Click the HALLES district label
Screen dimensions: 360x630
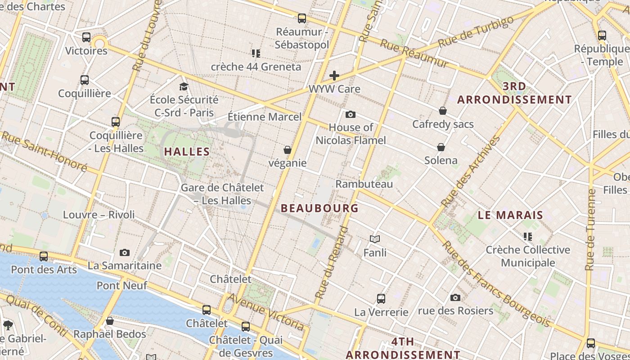tap(187, 152)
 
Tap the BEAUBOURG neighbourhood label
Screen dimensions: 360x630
tap(319, 208)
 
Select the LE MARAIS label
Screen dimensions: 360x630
tap(510, 215)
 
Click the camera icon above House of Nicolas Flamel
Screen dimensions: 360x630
tap(351, 114)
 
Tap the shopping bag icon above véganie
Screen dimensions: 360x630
tap(288, 150)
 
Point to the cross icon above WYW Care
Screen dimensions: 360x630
tap(334, 76)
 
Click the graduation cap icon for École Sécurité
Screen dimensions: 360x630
tap(184, 86)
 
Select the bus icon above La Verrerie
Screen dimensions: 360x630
tap(381, 299)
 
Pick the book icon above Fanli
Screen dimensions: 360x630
tap(375, 239)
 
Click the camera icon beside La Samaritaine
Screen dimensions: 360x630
tap(125, 253)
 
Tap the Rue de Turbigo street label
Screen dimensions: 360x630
tap(476, 31)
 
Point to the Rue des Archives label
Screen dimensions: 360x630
tap(471, 172)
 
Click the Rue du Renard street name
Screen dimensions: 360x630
tap(332, 263)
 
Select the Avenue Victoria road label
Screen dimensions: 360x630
tap(265, 311)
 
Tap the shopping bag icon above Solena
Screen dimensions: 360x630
tap(441, 147)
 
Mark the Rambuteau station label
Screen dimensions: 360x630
tap(364, 184)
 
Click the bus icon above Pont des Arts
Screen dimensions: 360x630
tap(44, 256)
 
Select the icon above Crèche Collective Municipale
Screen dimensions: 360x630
tap(528, 236)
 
